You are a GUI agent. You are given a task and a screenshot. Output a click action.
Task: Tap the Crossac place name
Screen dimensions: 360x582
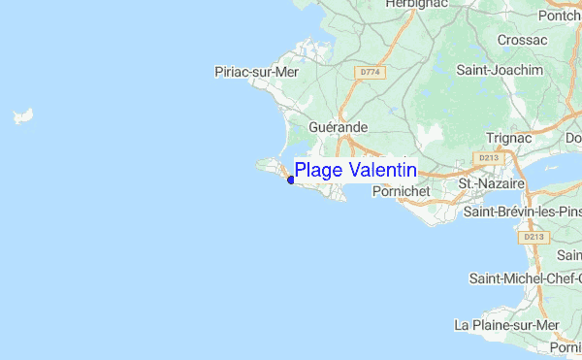click(x=522, y=40)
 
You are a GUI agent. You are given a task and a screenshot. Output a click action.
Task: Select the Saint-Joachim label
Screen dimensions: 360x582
click(x=501, y=71)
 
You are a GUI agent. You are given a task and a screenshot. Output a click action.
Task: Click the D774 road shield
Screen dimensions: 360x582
click(x=369, y=72)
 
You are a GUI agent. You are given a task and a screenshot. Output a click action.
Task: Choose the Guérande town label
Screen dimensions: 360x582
click(x=338, y=127)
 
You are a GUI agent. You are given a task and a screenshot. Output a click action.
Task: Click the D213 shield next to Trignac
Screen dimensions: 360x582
click(x=488, y=156)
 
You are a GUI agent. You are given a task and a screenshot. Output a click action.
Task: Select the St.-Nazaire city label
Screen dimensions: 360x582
click(x=491, y=182)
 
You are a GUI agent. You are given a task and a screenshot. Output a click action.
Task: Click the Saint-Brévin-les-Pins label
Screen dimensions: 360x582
click(x=522, y=211)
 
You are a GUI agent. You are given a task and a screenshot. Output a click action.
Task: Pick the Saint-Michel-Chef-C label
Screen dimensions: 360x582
click(x=525, y=278)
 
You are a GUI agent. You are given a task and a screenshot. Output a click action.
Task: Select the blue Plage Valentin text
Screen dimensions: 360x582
click(x=356, y=171)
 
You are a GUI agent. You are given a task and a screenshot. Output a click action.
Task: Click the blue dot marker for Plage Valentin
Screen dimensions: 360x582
click(x=291, y=180)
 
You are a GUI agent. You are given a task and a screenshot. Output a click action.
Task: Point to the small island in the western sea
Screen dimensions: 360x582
click(x=21, y=117)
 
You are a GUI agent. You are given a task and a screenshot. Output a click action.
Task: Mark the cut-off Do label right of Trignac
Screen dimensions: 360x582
click(x=572, y=138)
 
